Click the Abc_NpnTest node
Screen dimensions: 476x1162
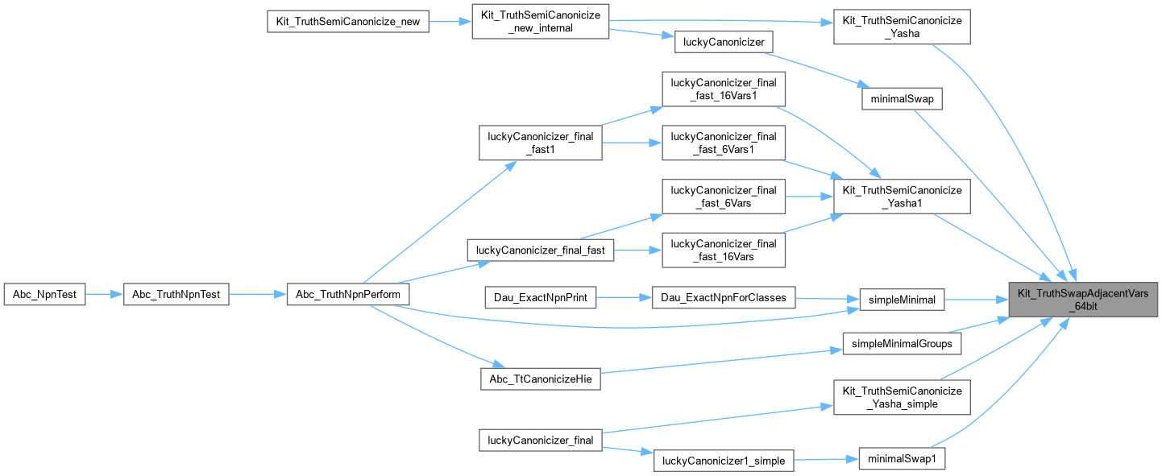pyautogui.click(x=44, y=295)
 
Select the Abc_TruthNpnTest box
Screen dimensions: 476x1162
pyautogui.click(x=176, y=295)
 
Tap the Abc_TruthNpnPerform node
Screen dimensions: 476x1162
pyautogui.click(x=348, y=295)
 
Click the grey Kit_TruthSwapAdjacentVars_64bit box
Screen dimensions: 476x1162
pyautogui.click(x=1084, y=300)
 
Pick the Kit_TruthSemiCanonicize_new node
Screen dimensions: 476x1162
pyautogui.click(x=347, y=22)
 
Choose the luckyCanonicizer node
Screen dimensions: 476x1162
pyautogui.click(x=724, y=42)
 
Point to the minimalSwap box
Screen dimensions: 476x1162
pyautogui.click(x=902, y=99)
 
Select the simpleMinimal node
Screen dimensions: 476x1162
pyautogui.click(x=902, y=300)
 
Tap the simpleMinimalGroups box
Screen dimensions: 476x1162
pyautogui.click(x=902, y=344)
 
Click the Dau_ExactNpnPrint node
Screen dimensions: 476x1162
pyautogui.click(x=540, y=298)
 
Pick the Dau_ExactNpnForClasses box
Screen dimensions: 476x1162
pyautogui.click(x=723, y=298)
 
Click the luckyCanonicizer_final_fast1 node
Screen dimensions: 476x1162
pyautogui.click(x=540, y=143)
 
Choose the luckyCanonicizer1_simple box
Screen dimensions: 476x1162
pyautogui.click(x=724, y=461)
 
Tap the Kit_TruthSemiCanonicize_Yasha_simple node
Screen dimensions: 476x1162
pyautogui.click(x=902, y=397)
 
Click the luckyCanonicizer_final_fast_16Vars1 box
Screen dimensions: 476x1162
pyautogui.click(x=723, y=89)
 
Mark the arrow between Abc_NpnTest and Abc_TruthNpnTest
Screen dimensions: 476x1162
pyautogui.click(x=103, y=295)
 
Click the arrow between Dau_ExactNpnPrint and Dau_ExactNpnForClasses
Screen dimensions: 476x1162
pyautogui.click(x=624, y=298)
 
